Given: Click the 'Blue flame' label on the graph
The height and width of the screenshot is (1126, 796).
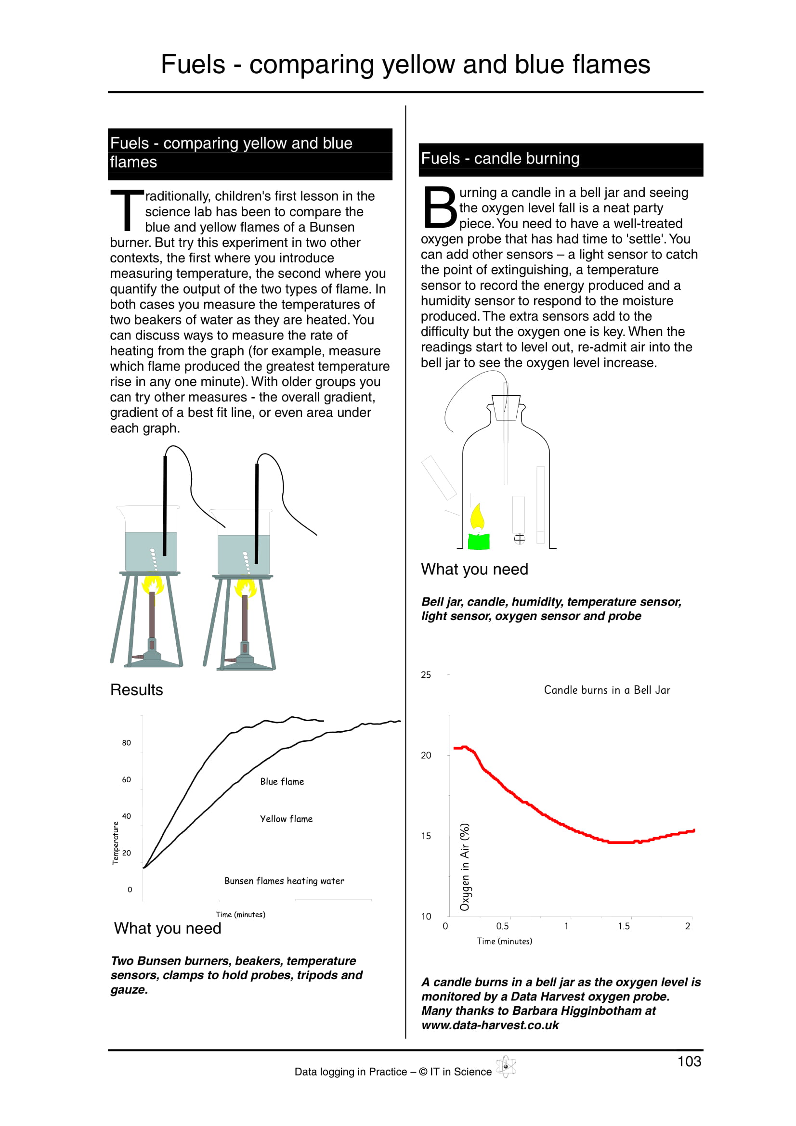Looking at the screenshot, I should tap(282, 782).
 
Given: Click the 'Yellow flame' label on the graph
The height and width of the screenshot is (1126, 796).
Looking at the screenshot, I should tap(286, 819).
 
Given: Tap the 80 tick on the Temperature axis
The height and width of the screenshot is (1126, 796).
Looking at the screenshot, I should tap(127, 743).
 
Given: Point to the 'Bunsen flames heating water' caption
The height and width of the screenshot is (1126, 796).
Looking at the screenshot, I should tap(284, 881).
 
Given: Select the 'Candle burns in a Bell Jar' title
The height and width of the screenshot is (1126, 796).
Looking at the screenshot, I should tap(607, 690).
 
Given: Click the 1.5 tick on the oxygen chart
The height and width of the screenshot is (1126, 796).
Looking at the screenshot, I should tap(624, 926).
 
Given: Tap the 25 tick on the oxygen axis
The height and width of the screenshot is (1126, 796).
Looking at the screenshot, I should tap(426, 675).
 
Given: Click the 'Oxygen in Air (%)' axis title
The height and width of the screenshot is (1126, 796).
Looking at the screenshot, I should tap(465, 867).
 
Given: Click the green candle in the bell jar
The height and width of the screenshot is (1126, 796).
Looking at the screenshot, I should tap(479, 541).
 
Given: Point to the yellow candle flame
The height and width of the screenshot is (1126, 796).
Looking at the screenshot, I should tap(477, 518).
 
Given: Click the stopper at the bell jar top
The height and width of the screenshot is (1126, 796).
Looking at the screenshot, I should tap(506, 408).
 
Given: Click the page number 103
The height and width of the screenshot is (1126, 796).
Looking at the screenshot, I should tap(689, 1062).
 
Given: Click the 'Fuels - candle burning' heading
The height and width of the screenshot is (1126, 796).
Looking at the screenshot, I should tap(500, 158).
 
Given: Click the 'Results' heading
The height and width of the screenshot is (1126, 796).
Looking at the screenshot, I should tap(136, 690).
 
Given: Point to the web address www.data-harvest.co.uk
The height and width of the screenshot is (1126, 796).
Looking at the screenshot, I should tap(490, 1025).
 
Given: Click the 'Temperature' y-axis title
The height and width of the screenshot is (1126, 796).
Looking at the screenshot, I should tap(116, 843).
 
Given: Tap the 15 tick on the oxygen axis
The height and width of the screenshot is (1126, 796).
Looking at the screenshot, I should tap(426, 836).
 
